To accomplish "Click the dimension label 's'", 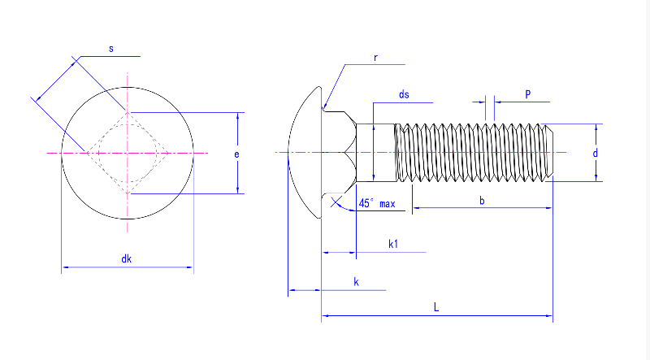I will pos(111,50).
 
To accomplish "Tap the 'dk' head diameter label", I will pos(127,259).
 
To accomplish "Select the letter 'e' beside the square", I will pos(236,153).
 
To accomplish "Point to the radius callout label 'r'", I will pos(376,58).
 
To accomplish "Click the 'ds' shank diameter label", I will pos(404,95).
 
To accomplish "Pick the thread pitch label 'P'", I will pos(527,95).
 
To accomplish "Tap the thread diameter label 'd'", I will pos(596,153).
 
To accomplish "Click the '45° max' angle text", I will pos(376,204).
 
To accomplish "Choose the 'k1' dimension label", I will pos(393,244).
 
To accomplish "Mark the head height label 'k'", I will pos(356,281).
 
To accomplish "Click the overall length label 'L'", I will pos(436,307).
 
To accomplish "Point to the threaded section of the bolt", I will pos(471,153).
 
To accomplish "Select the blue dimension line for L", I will pos(487,314).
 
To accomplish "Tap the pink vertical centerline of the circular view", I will pos(128,203).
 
